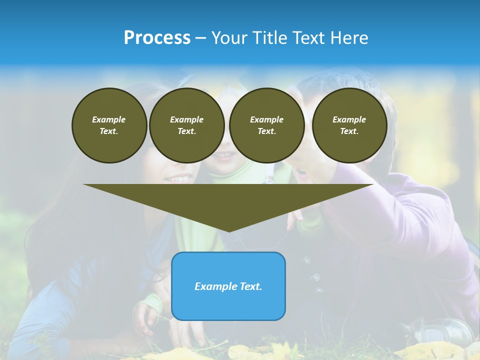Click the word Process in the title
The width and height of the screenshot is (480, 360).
coord(157,38)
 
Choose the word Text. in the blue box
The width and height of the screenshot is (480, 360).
coord(250,286)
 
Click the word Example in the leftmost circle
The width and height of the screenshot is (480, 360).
coord(109,119)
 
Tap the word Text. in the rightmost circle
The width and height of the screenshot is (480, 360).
coord(349,131)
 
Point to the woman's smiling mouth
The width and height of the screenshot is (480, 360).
coord(178,178)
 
